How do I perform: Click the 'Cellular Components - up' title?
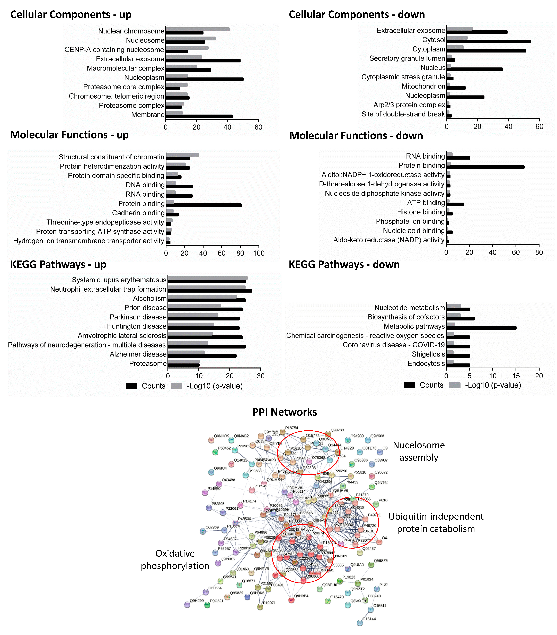point(71,15)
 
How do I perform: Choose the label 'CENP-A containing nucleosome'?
point(114,50)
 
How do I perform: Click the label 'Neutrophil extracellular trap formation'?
point(108,289)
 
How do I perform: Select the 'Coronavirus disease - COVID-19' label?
point(394,345)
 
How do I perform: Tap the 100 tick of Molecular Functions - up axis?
point(259,253)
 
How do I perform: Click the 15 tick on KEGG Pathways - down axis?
point(516,376)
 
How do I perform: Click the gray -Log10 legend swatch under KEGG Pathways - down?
point(455,385)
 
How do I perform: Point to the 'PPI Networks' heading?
point(285,412)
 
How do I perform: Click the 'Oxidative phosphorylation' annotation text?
point(175,560)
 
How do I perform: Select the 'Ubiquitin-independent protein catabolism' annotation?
point(436,523)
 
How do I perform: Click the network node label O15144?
point(369,619)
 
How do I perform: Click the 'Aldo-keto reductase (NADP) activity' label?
point(389,240)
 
